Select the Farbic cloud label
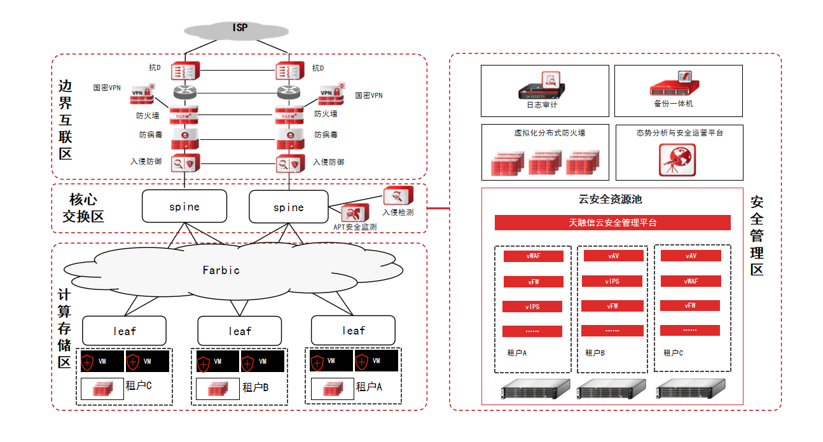pyautogui.click(x=221, y=270)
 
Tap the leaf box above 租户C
pyautogui.click(x=124, y=331)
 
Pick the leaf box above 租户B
pyautogui.click(x=239, y=331)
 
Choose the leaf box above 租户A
pyautogui.click(x=353, y=331)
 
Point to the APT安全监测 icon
pyautogui.click(x=352, y=214)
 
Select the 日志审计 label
pyautogui.click(x=543, y=105)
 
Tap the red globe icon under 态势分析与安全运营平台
pyautogui.click(x=677, y=160)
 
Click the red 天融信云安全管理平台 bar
pyautogui.click(x=612, y=223)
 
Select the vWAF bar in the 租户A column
pyautogui.click(x=533, y=256)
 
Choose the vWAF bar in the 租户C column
pyautogui.click(x=690, y=281)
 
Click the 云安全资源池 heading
pyautogui.click(x=610, y=200)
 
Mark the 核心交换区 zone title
pyautogui.click(x=83, y=208)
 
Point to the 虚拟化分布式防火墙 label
pyautogui.click(x=550, y=134)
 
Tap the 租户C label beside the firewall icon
pyautogui.click(x=139, y=385)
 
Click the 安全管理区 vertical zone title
pyautogui.click(x=757, y=236)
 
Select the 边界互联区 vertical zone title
pyautogui.click(x=65, y=120)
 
